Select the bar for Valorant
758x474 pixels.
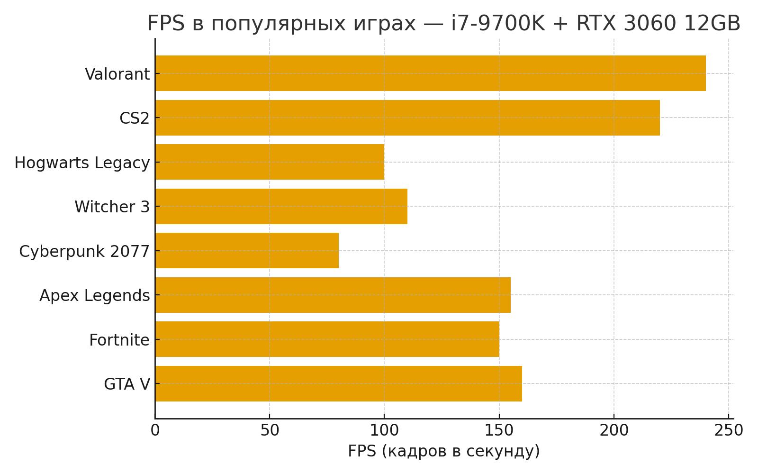(430, 73)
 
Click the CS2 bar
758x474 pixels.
(407, 118)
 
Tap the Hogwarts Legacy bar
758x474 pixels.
(270, 162)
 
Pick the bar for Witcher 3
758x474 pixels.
(281, 206)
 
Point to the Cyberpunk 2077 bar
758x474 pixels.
(247, 250)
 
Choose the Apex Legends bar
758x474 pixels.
(333, 295)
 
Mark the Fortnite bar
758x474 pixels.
(327, 339)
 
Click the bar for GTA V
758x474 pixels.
(338, 383)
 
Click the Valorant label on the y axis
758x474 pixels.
(117, 74)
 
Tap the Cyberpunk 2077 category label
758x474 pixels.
(84, 251)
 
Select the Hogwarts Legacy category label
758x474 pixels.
(82, 163)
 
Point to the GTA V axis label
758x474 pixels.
(126, 384)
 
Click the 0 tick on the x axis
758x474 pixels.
(155, 430)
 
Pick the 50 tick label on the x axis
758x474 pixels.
(270, 430)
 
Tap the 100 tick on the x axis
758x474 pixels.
(384, 430)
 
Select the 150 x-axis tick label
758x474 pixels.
(499, 430)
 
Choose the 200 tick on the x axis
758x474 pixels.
(614, 430)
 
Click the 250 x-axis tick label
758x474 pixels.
(729, 430)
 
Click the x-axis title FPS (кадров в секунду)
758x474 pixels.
(443, 451)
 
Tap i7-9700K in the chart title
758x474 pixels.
(498, 24)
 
